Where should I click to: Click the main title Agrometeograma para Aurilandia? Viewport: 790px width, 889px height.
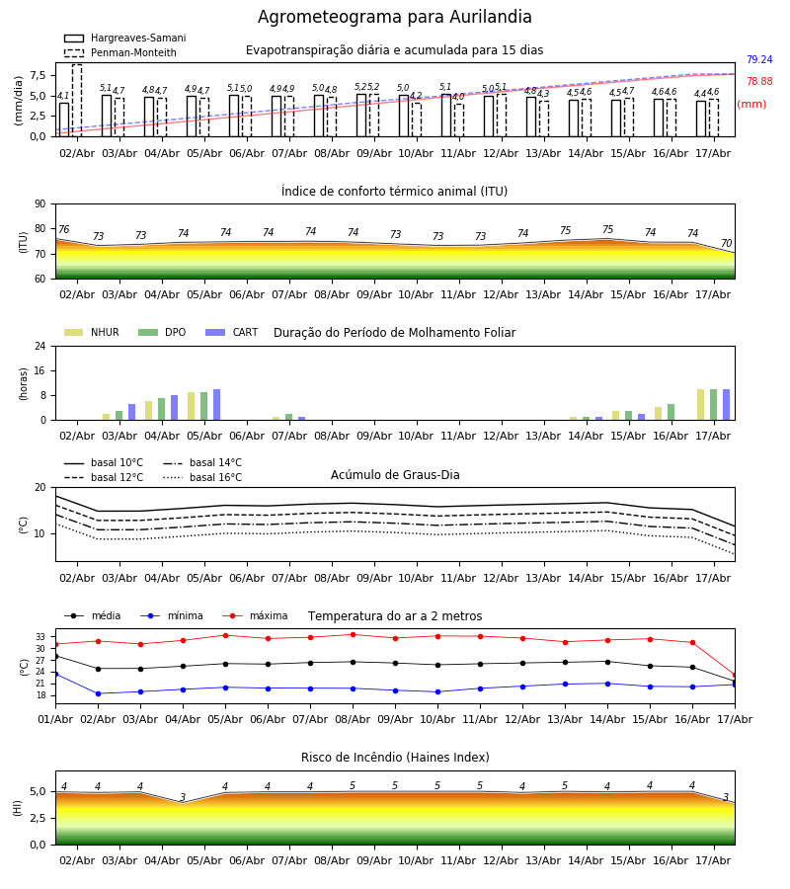coord(394,17)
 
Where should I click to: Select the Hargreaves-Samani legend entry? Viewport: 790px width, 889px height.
coord(124,38)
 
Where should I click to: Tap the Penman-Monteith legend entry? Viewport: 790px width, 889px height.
coord(120,52)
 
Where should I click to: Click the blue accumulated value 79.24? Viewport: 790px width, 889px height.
coord(759,59)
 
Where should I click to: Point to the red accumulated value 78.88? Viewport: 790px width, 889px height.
coord(759,81)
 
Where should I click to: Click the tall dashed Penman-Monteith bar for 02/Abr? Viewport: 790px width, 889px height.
coord(77,101)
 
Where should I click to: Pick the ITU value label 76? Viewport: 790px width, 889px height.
coord(63,229)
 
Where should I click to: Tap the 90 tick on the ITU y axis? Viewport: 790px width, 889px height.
coord(40,204)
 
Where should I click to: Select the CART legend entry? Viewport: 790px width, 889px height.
coord(232,332)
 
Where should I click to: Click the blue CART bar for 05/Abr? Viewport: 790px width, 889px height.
coord(216,405)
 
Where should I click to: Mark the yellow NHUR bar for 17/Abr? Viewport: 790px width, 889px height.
coord(700,405)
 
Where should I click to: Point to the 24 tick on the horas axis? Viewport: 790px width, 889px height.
coord(40,346)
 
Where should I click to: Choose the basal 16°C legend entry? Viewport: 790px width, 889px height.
coord(202,477)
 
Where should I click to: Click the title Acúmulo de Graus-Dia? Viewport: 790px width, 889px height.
coord(395,474)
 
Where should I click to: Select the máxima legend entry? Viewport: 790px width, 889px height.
coord(255,615)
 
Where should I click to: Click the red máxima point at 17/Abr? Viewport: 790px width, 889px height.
coord(735,676)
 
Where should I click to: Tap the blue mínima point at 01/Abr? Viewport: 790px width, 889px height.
coord(55,674)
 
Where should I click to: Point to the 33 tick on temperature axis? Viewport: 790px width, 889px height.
coord(40,637)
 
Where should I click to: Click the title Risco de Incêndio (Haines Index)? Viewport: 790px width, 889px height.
coord(395,758)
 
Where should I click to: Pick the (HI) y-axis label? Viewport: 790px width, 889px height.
coord(17,808)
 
